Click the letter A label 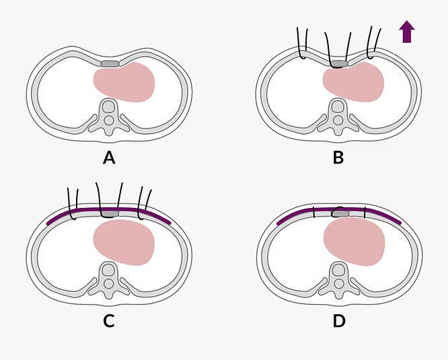tap(109, 158)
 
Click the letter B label tap(338, 158)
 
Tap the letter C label tap(109, 321)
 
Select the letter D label tap(339, 321)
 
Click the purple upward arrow tap(406, 32)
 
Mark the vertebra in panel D tap(339, 277)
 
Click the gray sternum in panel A tap(109, 64)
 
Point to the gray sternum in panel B tap(339, 64)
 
